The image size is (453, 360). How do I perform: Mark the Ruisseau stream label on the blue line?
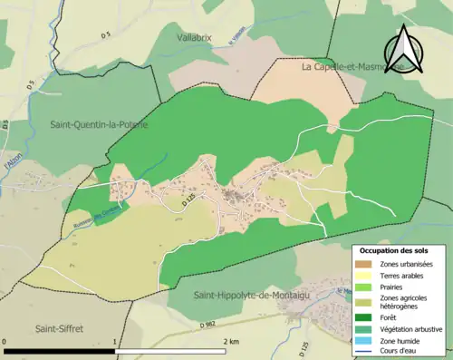[86, 218]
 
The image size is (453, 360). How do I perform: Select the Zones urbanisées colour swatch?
[365, 263]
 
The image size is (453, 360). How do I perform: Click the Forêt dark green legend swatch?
[365, 316]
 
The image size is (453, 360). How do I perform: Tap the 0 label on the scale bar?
[6, 342]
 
